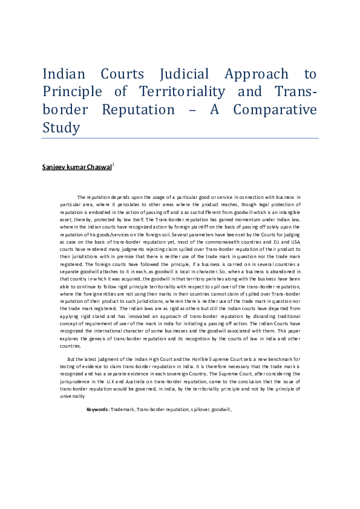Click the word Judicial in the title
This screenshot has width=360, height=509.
pos(185,74)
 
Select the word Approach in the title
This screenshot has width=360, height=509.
pos(257,74)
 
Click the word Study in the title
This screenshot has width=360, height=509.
pos(61,128)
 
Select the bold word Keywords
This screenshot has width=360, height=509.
pos(97,409)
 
